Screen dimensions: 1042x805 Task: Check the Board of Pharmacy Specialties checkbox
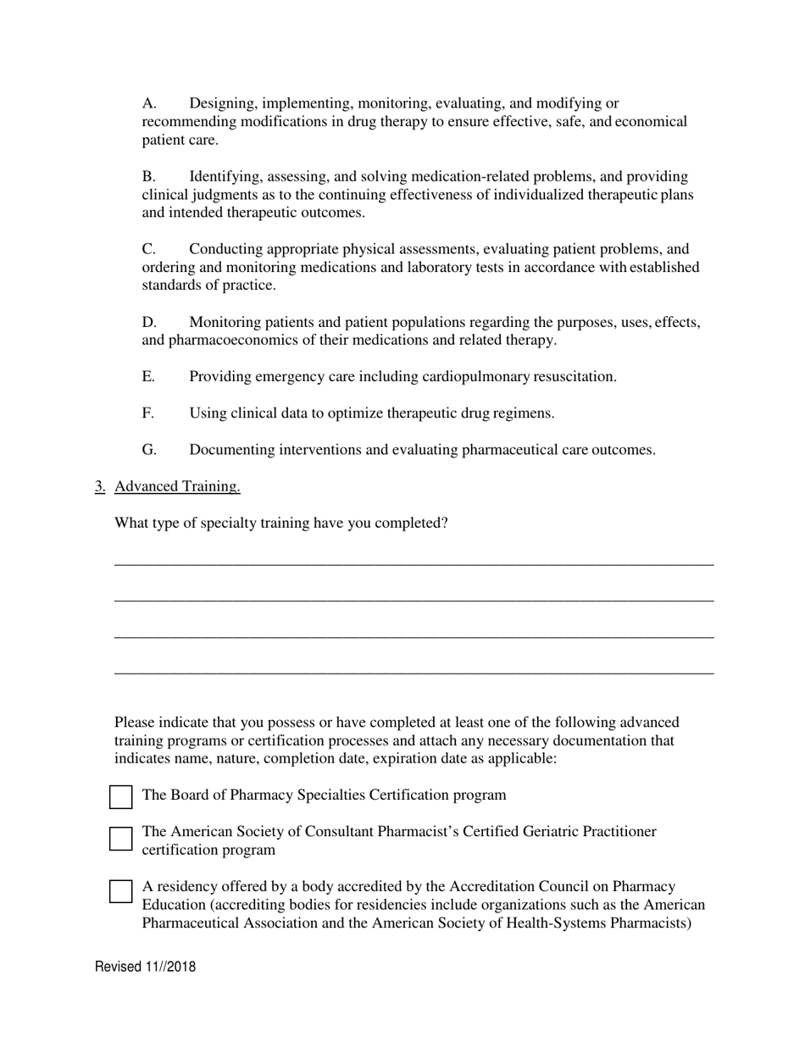[x=121, y=797]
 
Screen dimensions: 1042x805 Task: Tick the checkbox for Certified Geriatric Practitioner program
[x=121, y=839]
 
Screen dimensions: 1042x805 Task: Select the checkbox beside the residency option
[x=121, y=891]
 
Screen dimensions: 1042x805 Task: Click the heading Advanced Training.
[x=177, y=486]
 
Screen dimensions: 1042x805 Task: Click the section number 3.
[x=99, y=486]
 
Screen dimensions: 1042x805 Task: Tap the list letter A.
[x=149, y=103]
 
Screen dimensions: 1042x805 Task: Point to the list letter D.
[x=149, y=322]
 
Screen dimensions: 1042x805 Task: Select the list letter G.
[x=149, y=450]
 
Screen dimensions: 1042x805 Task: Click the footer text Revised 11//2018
[x=145, y=967]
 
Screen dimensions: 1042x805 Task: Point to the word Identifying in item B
[x=225, y=176]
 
